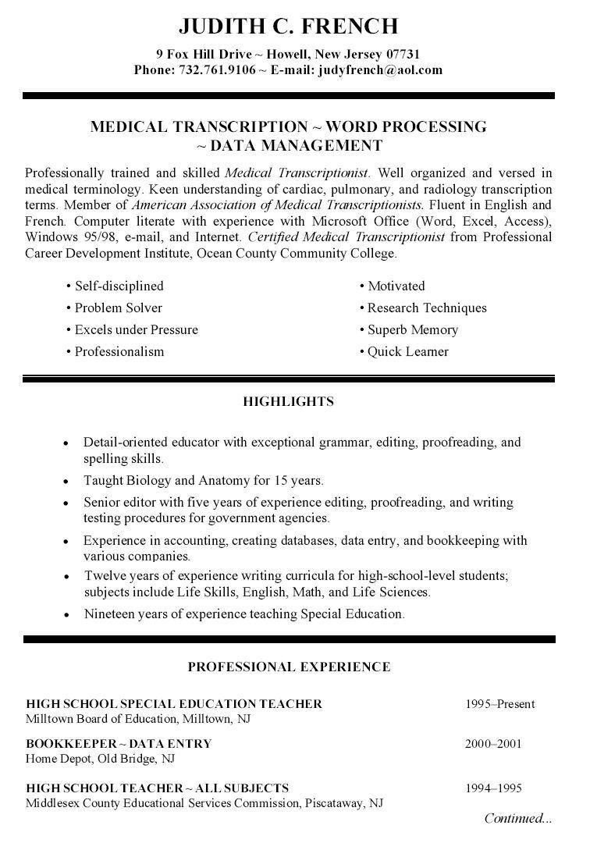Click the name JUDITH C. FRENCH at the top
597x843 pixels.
point(288,27)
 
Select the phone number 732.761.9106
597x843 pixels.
point(217,69)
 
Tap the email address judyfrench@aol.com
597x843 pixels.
point(379,69)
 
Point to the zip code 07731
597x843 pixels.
point(403,54)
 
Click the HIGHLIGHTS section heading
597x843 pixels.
point(288,402)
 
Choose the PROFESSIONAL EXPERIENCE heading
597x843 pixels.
point(288,667)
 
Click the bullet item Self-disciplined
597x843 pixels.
point(119,286)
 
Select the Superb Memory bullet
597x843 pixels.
point(412,330)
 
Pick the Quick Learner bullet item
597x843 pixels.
point(407,352)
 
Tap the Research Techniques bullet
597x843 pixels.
point(426,308)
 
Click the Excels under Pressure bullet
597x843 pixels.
point(136,330)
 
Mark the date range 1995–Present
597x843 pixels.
point(499,704)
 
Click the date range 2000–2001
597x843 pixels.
point(493,744)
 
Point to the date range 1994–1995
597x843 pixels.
point(493,788)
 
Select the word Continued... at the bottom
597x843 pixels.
point(517,819)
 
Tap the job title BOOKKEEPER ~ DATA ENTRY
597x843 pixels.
point(119,744)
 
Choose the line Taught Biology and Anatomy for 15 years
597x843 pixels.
point(203,481)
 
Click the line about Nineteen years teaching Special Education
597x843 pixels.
point(243,614)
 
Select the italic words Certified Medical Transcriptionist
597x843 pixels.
point(346,237)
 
